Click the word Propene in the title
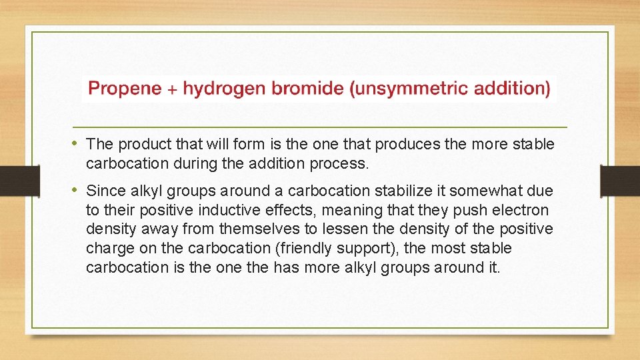pos(124,89)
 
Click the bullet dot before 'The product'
pos(77,143)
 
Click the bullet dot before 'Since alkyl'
pos(77,191)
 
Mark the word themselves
pos(257,229)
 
